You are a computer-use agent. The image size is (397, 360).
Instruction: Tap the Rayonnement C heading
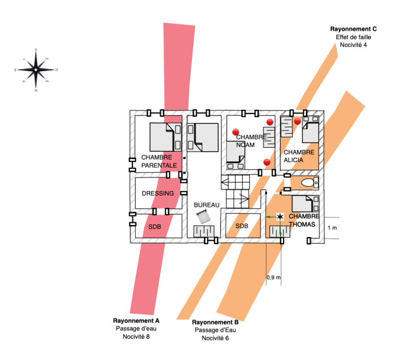tap(354, 29)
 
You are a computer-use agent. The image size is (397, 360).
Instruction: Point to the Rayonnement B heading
tap(215, 322)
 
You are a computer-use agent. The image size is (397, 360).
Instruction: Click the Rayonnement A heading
tap(136, 321)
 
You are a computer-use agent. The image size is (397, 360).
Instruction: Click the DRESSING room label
tap(157, 194)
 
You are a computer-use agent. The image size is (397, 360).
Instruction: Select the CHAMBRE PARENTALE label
tap(159, 161)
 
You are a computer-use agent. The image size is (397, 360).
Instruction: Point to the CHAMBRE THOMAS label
tap(304, 220)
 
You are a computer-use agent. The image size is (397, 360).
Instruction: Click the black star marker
tap(280, 217)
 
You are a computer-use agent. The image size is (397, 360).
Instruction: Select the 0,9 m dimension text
tap(274, 277)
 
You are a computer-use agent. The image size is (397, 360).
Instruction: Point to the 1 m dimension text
tap(332, 228)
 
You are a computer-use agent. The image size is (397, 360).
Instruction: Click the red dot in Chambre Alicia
tap(297, 121)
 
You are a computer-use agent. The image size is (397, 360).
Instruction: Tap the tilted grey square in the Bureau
tap(201, 216)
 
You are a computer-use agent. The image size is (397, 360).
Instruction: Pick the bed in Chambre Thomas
tap(306, 204)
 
